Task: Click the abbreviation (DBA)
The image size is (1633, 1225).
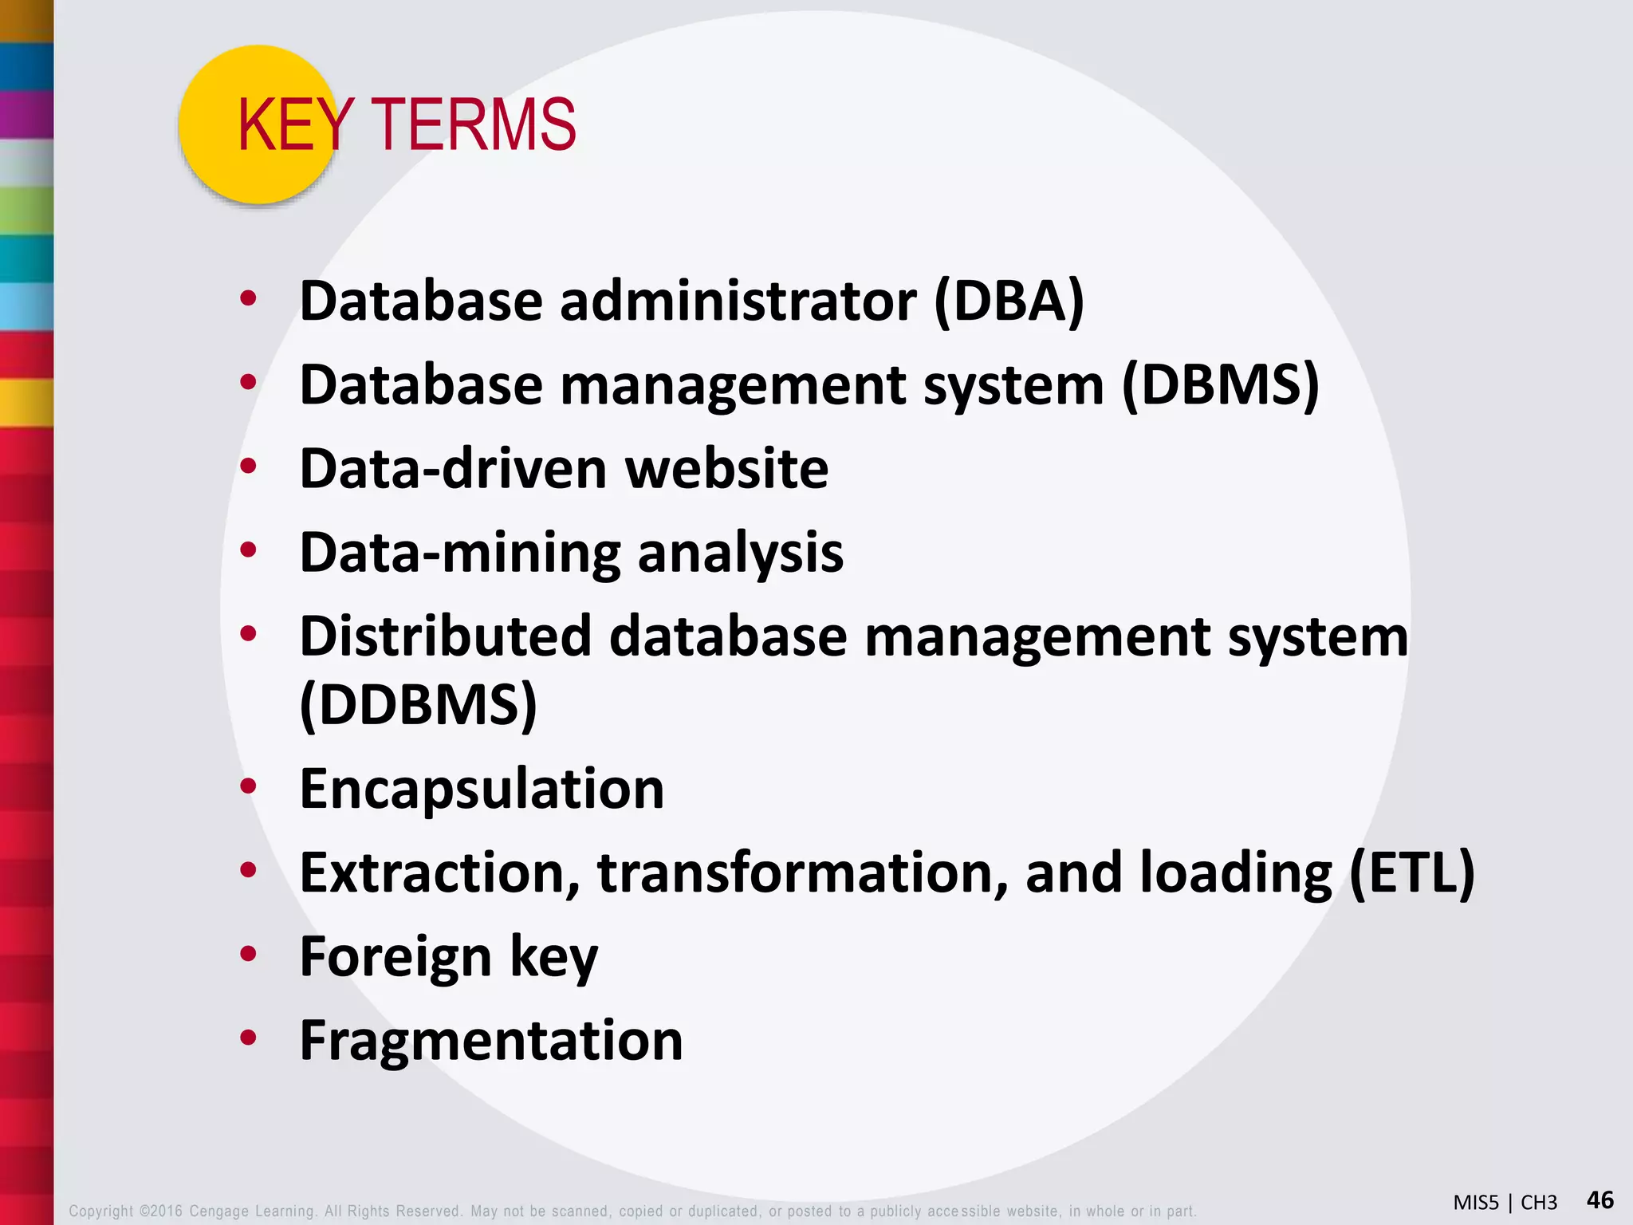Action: coord(1009,301)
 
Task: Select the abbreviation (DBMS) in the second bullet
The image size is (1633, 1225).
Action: coord(1221,384)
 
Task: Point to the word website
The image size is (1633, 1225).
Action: coord(726,468)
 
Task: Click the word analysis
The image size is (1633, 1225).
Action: coord(740,552)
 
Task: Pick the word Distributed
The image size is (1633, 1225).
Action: coord(445,636)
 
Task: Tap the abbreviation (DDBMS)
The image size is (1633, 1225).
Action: coord(419,704)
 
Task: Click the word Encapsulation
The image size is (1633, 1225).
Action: coord(482,789)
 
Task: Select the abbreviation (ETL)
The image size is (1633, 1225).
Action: coord(1412,872)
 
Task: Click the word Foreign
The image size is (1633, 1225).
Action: coord(395,956)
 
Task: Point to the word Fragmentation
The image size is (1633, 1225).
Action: coord(491,1040)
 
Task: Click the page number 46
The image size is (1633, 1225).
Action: coord(1600,1199)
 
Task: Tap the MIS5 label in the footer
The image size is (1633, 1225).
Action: coord(1476,1203)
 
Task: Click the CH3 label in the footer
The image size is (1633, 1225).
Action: coord(1539,1203)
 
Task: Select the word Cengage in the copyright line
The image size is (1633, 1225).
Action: coord(218,1211)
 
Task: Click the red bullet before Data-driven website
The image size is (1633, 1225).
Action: coord(248,467)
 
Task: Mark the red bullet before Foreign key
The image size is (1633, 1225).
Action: coord(248,954)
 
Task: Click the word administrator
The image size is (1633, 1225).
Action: coord(738,301)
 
